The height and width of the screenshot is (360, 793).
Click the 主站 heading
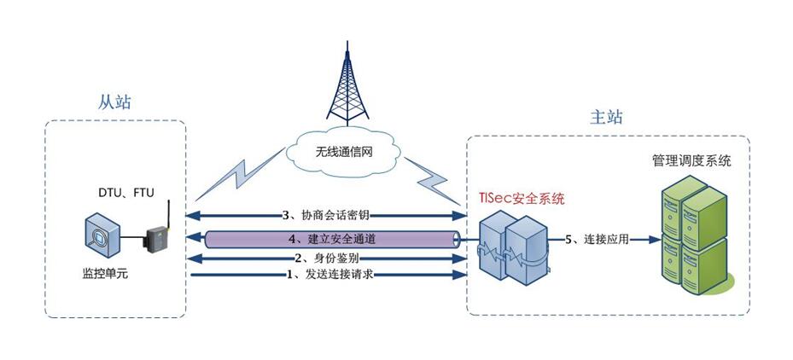(607, 117)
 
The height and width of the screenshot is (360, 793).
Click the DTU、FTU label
(125, 193)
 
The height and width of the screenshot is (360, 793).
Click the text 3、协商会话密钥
(325, 213)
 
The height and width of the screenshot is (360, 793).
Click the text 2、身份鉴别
(325, 258)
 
